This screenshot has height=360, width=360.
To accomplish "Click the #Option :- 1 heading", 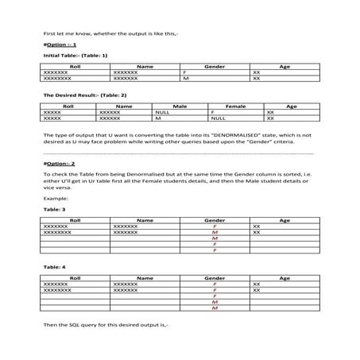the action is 57,45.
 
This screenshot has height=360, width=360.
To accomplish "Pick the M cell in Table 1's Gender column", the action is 185,79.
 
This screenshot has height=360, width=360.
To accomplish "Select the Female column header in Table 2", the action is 236,105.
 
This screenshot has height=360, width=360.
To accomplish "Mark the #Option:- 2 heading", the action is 59,164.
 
